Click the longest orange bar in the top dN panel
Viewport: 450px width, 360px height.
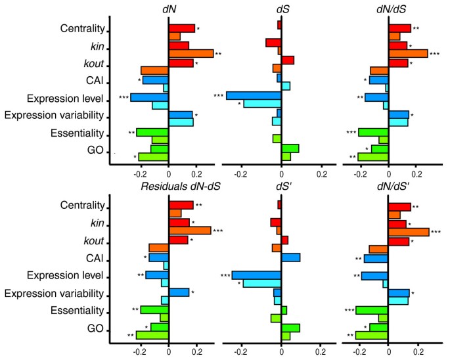191,54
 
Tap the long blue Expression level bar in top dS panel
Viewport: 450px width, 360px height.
254,96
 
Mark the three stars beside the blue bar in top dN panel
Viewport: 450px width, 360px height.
124,97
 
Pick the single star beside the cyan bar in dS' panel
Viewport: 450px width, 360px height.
239,284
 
